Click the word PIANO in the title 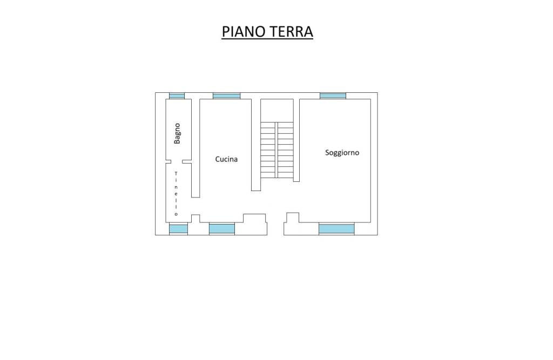click(244, 31)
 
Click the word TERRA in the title click(291, 31)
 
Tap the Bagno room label click(177, 133)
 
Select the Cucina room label click(226, 159)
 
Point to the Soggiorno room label click(342, 153)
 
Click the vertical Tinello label click(176, 194)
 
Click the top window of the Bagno click(177, 96)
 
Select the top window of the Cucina click(226, 96)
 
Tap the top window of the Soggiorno click(333, 96)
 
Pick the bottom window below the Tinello click(178, 229)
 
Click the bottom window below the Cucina click(222, 229)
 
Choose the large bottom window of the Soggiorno click(336, 229)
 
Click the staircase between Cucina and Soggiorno click(277, 150)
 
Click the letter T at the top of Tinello click(176, 173)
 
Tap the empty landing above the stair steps click(277, 110)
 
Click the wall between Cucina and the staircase click(256, 145)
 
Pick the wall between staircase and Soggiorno click(296, 140)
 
